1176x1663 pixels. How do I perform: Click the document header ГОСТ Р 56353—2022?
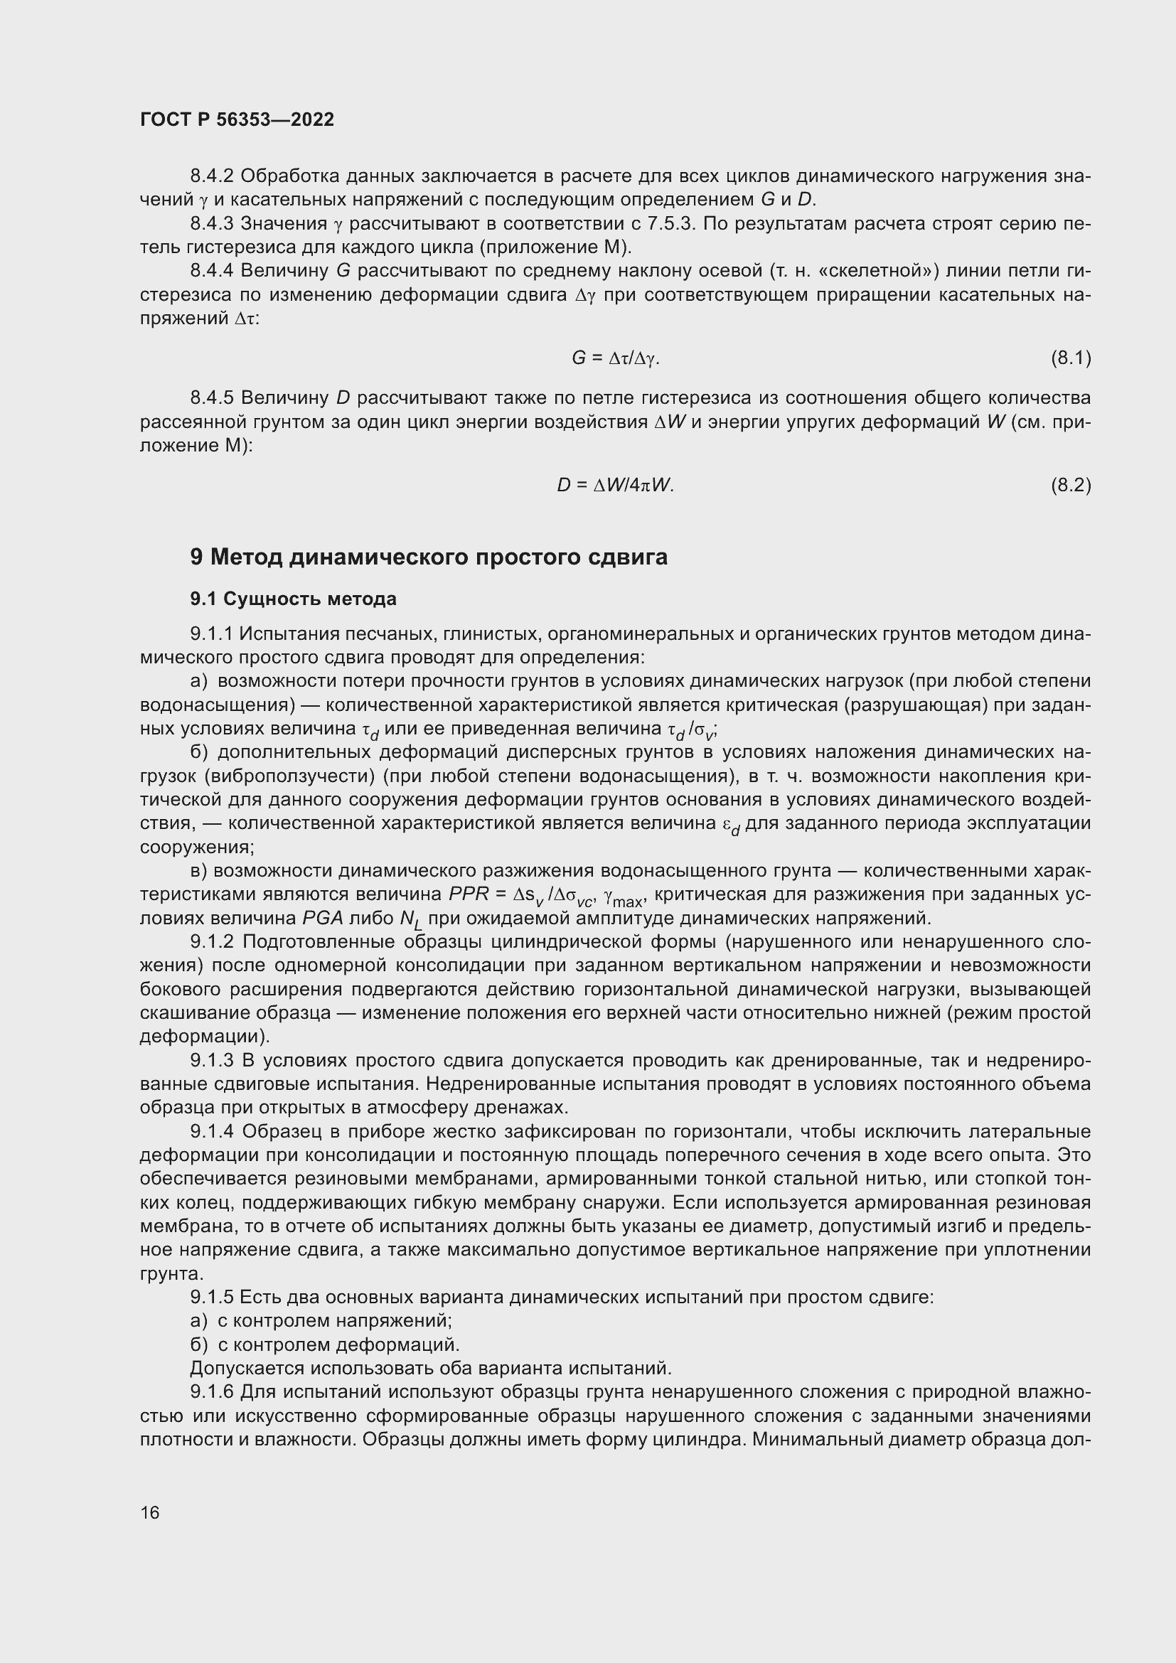237,119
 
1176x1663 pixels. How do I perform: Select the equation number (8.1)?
1070,358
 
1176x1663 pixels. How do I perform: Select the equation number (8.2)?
1070,486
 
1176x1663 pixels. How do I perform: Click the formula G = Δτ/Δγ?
615,358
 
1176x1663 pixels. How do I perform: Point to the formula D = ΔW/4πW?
615,486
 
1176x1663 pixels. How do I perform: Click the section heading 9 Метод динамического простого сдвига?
429,557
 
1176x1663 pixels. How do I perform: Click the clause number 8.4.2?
212,176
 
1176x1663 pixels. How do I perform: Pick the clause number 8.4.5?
212,397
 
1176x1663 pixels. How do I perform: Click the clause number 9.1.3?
212,1060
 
